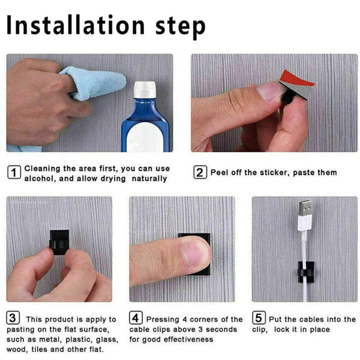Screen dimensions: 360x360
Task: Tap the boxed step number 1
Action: [14, 172]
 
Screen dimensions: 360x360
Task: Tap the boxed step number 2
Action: [200, 173]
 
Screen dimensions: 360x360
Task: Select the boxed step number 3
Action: [13, 319]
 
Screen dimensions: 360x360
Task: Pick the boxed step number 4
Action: [136, 319]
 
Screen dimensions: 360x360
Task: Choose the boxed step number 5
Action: [258, 319]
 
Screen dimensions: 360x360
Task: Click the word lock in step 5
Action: [297, 329]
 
